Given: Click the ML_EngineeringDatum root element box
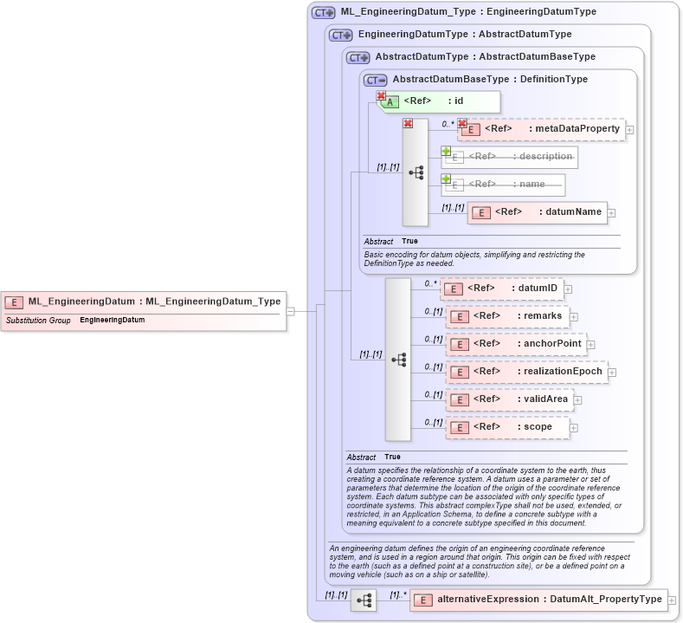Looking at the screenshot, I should click(143, 302).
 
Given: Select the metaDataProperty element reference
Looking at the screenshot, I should click(542, 129).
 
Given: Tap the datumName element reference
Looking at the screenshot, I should click(536, 212).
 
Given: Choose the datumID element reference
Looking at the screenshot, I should click(501, 289).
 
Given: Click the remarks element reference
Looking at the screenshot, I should click(507, 316).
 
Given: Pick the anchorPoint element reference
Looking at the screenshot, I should click(515, 344).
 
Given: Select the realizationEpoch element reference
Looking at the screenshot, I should click(526, 372).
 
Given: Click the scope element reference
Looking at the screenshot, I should click(507, 427).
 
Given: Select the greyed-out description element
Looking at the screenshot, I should click(510, 157).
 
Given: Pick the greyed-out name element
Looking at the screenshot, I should click(503, 185).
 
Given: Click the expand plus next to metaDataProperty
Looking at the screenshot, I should click(629, 130).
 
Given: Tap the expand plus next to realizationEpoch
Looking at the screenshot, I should click(612, 373).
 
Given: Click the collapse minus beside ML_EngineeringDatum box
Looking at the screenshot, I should click(291, 311).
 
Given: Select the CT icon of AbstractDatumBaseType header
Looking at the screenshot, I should click(376, 80).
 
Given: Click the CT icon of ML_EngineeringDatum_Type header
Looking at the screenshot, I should click(324, 13).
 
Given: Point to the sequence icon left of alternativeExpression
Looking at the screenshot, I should click(364, 600).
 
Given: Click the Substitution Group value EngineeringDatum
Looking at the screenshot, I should click(113, 321).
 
